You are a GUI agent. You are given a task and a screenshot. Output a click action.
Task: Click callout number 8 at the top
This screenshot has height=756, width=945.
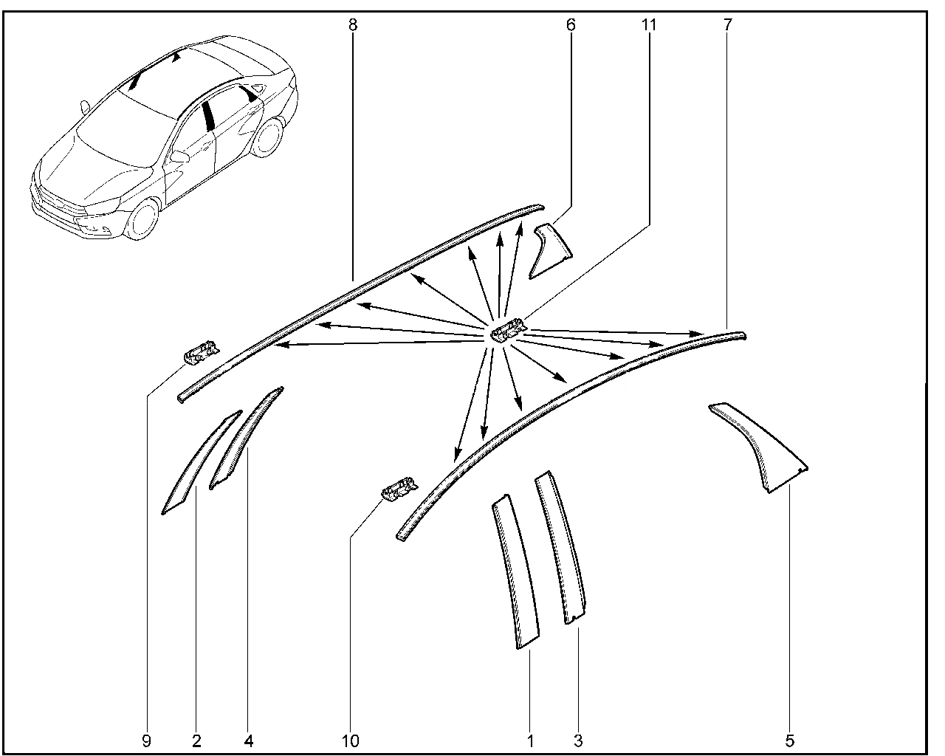[x=353, y=25]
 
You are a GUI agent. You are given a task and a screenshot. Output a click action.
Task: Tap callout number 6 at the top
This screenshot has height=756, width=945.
[x=571, y=25]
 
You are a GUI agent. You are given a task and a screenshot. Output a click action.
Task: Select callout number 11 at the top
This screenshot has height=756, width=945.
[x=649, y=25]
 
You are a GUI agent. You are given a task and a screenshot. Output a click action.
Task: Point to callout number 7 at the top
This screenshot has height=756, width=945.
[x=728, y=25]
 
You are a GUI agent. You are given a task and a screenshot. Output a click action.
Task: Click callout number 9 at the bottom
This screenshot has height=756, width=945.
[x=147, y=741]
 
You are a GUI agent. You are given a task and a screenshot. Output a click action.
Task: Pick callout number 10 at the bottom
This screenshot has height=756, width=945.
[x=351, y=741]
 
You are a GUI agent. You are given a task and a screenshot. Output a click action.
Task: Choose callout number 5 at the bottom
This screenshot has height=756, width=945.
[x=790, y=741]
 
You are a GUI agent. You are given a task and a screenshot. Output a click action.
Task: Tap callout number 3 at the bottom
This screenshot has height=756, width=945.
[x=578, y=741]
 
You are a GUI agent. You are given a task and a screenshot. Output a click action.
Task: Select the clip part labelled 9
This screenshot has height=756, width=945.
[x=201, y=351]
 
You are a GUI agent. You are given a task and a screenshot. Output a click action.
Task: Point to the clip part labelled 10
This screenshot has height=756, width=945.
[x=399, y=489]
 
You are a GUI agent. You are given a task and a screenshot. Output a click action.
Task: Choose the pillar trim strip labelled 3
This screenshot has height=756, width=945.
[x=561, y=547]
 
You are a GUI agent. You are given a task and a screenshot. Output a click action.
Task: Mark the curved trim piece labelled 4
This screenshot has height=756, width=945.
[x=246, y=437]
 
